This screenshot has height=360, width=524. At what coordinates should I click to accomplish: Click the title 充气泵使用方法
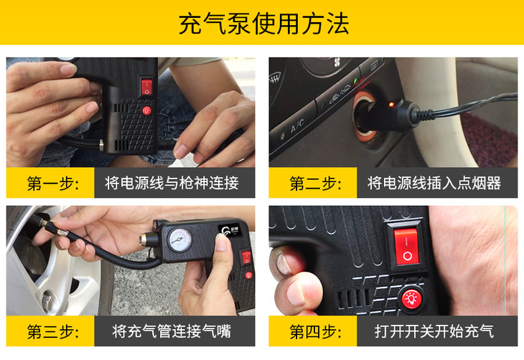[263, 24]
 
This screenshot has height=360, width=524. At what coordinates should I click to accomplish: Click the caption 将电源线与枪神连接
[172, 183]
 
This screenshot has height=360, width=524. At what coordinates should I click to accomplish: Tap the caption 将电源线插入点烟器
[434, 183]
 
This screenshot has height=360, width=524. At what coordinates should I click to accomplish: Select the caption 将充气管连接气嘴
[172, 331]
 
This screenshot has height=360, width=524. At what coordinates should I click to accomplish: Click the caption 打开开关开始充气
[434, 331]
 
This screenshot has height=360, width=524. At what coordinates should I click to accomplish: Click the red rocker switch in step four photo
[406, 246]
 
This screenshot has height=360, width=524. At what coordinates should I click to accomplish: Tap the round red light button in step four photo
[411, 298]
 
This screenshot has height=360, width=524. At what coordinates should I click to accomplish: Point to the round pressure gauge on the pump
[180, 240]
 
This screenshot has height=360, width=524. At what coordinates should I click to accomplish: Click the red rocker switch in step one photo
[146, 87]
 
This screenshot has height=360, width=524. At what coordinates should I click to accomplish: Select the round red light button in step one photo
[146, 110]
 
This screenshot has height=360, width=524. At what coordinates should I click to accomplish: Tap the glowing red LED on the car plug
[391, 105]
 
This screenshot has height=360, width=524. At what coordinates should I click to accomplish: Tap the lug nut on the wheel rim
[48, 299]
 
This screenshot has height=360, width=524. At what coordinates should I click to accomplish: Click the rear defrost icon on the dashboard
[275, 79]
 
